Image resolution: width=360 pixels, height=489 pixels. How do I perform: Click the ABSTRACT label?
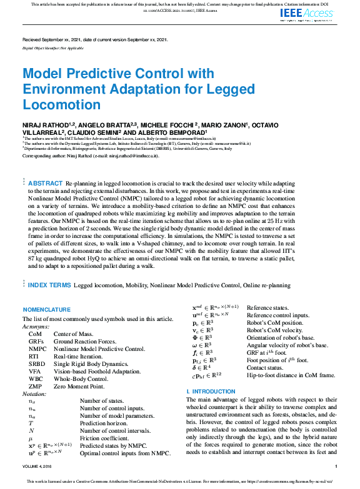(x=45, y=183)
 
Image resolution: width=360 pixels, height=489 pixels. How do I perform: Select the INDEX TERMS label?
(x=49, y=285)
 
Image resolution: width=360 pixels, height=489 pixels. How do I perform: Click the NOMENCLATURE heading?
(x=46, y=310)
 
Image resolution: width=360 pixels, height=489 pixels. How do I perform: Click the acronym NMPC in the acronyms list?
(x=36, y=348)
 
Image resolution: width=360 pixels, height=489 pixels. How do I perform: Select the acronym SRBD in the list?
(x=36, y=365)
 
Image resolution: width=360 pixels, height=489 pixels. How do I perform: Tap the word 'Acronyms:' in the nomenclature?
(x=36, y=326)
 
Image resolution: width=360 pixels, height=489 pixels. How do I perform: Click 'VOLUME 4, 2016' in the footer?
(x=39, y=467)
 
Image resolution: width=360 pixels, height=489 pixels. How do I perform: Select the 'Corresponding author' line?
(x=91, y=156)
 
